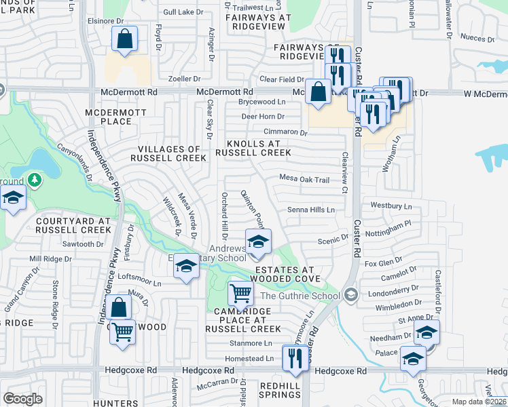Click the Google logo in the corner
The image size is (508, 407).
pyautogui.click(x=23, y=398)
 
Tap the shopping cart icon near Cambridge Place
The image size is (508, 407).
pyautogui.click(x=240, y=294)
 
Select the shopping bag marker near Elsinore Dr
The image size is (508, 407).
pyautogui.click(x=125, y=39)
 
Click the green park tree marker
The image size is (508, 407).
pyautogui.click(x=33, y=180)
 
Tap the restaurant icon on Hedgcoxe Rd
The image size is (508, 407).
pyautogui.click(x=294, y=357)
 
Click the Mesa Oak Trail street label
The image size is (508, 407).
pyautogui.click(x=304, y=180)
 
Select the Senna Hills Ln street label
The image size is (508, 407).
pyautogui.click(x=311, y=210)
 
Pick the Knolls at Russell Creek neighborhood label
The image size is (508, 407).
pyautogui.click(x=253, y=149)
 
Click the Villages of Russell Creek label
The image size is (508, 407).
pyautogui.click(x=171, y=153)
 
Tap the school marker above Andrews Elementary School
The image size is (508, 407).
pyautogui.click(x=258, y=241)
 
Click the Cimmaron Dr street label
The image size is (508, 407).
pyautogui.click(x=285, y=133)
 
